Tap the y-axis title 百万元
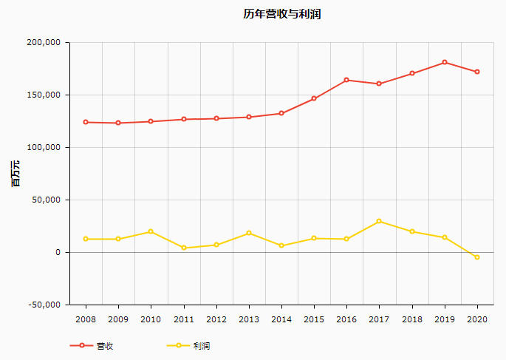coord(15,173)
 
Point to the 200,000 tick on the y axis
coord(42,43)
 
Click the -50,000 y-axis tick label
coord(42,305)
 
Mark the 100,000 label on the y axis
coord(42,148)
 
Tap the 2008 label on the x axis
coord(86,319)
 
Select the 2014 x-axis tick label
coord(281,319)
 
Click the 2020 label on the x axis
coord(477,319)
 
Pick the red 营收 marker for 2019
coord(445,62)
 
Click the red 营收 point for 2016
coord(346,80)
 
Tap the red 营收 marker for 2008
coord(86,122)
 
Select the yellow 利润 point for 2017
coord(379,221)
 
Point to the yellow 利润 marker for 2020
coord(477,257)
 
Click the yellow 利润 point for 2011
coord(183,248)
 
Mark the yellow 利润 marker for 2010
coord(151,231)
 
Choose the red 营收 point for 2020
coord(477,72)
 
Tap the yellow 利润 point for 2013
coord(249,233)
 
